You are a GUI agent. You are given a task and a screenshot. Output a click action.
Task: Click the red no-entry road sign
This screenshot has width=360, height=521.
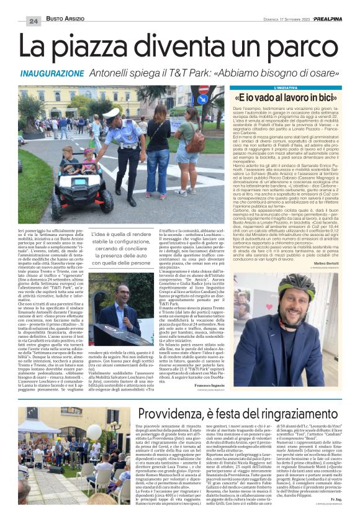coord(202,89)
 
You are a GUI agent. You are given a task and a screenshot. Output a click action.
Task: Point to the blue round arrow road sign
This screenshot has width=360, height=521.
coord(203,100)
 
